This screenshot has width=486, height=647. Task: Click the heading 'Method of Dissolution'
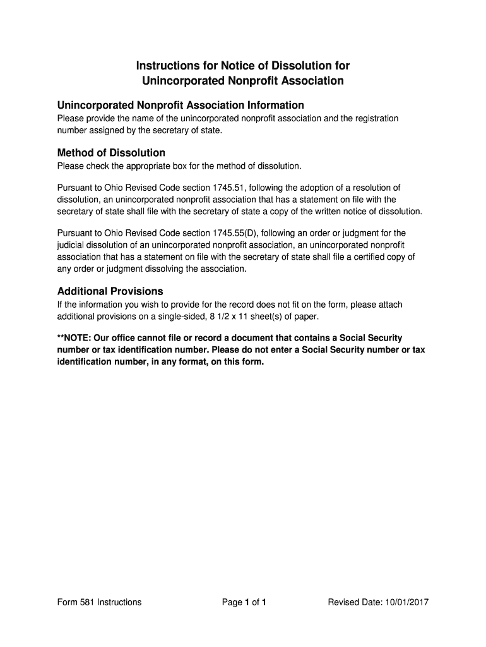[x=111, y=153]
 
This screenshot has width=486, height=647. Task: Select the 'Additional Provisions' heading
[x=110, y=291]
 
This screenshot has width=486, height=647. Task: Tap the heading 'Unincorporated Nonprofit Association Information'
[x=181, y=105]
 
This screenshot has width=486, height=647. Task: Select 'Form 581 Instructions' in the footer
[x=99, y=602]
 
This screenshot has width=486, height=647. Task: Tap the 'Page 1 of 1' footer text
[x=244, y=602]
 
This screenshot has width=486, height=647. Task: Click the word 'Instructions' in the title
[x=169, y=66]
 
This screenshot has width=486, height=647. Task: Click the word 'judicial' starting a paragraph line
[x=71, y=245]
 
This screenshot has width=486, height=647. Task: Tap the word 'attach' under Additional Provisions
[x=390, y=305]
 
